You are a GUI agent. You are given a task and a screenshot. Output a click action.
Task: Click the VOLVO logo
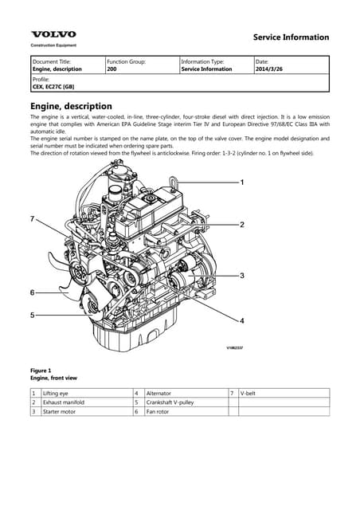coord(53,34)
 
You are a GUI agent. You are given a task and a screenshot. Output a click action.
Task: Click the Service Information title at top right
coord(290,37)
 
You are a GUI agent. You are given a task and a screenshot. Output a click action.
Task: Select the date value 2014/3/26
coord(271,69)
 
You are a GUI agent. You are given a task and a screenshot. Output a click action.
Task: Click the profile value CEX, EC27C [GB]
coord(53,88)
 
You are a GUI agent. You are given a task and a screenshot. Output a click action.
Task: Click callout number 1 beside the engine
coord(243,182)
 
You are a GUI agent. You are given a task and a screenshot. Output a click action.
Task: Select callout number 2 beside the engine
coord(242,226)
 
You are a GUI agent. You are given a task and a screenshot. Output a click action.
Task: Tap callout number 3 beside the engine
coord(242,275)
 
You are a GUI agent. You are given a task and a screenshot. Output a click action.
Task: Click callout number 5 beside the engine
coord(32,316)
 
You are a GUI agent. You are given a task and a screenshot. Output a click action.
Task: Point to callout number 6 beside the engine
coord(32,292)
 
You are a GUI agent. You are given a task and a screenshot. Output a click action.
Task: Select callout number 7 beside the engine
coord(32,218)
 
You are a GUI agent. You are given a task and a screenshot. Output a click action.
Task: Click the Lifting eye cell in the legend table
coord(56,394)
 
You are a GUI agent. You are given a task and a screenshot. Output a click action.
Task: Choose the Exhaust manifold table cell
coord(64,402)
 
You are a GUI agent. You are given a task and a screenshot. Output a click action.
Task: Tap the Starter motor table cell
coord(60,412)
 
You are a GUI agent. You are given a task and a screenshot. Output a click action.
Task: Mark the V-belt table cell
coord(248,394)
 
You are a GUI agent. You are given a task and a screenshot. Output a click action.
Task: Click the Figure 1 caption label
coord(41,371)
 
